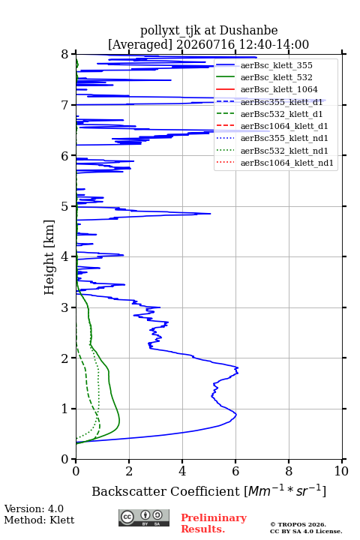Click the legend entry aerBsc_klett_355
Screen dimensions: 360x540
click(x=276, y=65)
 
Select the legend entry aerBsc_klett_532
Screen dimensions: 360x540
click(x=276, y=77)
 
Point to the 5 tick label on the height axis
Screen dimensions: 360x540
click(x=64, y=207)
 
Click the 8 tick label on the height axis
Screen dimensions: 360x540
click(x=64, y=55)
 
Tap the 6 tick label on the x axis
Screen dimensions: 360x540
click(x=235, y=471)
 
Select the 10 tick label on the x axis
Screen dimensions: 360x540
click(x=341, y=471)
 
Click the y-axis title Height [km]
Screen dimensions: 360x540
click(x=49, y=257)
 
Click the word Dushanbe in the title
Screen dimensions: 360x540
click(x=248, y=31)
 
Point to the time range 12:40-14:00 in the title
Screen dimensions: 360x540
click(x=271, y=44)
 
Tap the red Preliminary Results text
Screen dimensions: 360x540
click(x=214, y=523)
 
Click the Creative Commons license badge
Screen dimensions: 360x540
click(x=144, y=517)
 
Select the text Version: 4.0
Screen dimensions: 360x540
click(x=34, y=508)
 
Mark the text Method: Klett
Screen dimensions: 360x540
click(x=39, y=520)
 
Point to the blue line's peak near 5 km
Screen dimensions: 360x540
click(x=211, y=214)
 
